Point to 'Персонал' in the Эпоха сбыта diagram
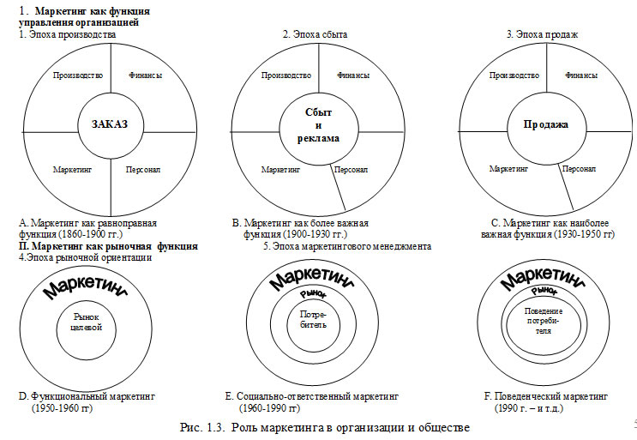[351, 170]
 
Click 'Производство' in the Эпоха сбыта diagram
[285, 75]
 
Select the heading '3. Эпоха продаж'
[542, 34]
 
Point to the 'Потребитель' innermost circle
[314, 322]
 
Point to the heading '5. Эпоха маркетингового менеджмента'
[346, 246]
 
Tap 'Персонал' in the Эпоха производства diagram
[141, 170]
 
